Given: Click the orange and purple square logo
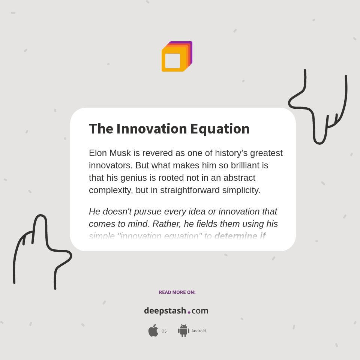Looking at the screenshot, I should [x=177, y=57].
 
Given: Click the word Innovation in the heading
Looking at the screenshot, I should [x=151, y=129].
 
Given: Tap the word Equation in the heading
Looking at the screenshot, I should [x=220, y=129].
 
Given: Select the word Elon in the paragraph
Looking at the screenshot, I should [x=97, y=153].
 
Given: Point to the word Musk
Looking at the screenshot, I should [x=121, y=153].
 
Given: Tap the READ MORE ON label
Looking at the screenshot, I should [x=177, y=292].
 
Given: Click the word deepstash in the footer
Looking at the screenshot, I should [x=165, y=311].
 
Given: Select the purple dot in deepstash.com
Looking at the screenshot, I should [x=189, y=312].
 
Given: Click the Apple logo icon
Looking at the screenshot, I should [x=153, y=331].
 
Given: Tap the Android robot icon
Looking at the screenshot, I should [x=183, y=331].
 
